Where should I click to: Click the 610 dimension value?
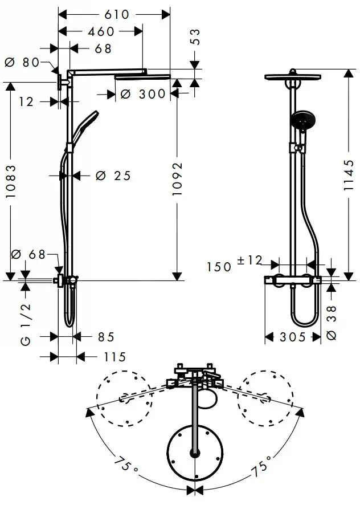point(117,14)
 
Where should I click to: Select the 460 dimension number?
point(101,31)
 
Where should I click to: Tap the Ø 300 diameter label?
point(142,94)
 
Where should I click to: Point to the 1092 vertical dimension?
point(177,179)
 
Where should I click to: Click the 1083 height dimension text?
point(11,181)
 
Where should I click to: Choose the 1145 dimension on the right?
point(349,175)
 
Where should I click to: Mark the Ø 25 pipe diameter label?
point(113,176)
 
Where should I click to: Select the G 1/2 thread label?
point(26,324)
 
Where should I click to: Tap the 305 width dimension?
point(292,337)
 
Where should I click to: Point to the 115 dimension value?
point(114,357)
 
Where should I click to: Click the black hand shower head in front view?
point(303,120)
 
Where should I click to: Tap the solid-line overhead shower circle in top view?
point(195,453)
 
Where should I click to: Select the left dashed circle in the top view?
point(125,399)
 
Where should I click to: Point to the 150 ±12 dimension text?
point(234,264)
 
